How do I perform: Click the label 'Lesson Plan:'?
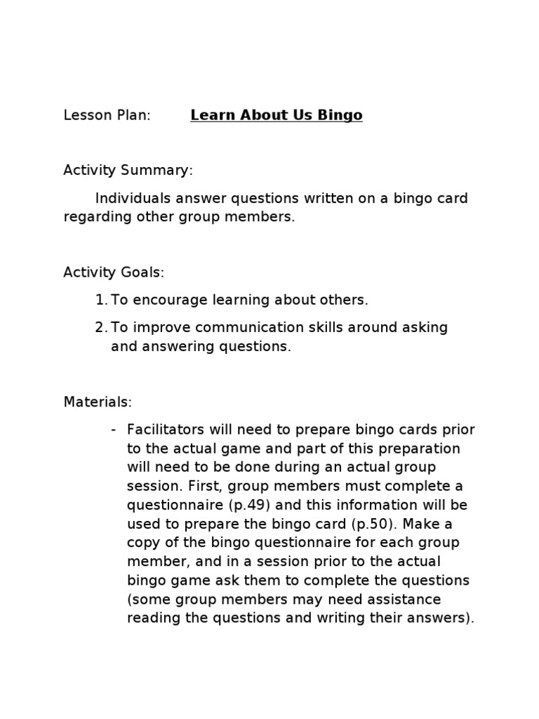[x=107, y=116]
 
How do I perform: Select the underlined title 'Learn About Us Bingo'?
[x=276, y=116]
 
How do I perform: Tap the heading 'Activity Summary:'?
[x=128, y=171]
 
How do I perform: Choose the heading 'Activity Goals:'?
[x=114, y=272]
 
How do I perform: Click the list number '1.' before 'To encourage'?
[x=100, y=300]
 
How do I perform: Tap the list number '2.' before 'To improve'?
[x=100, y=328]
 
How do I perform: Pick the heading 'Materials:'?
[x=98, y=402]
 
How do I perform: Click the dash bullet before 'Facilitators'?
[x=114, y=430]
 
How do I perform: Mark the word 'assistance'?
[x=408, y=600]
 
